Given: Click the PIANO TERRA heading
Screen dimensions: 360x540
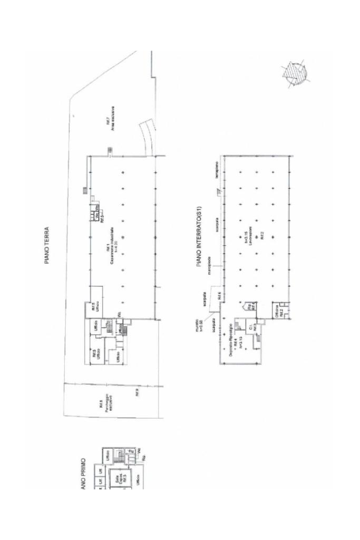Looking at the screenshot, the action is click(47, 245).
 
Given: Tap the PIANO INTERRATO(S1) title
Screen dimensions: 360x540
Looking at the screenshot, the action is click(199, 237).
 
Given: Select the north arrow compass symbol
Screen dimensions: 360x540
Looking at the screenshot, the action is click(293, 73).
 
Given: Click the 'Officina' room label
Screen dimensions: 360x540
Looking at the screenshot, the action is click(277, 312).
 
